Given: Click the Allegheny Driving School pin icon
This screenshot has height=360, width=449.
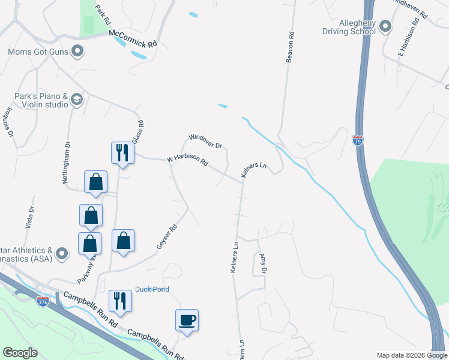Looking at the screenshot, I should pos(385,26).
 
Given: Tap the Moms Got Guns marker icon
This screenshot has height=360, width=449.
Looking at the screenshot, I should pos(77,52).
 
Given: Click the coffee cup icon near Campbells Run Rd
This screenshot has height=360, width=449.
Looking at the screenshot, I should pos(187,319).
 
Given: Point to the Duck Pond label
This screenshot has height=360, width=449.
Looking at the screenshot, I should pos(152,289).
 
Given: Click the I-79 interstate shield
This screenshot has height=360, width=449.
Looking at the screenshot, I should pos(358,141).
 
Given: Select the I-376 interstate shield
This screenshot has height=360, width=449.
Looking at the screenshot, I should pos(43,302).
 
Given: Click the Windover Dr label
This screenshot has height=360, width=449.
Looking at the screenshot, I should pos(205,141).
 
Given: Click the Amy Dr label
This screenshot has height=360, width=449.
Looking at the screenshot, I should pos(262,263).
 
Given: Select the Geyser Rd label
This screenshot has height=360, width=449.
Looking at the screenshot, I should pos(167,236).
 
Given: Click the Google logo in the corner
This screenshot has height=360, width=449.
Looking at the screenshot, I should pos(20,353).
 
